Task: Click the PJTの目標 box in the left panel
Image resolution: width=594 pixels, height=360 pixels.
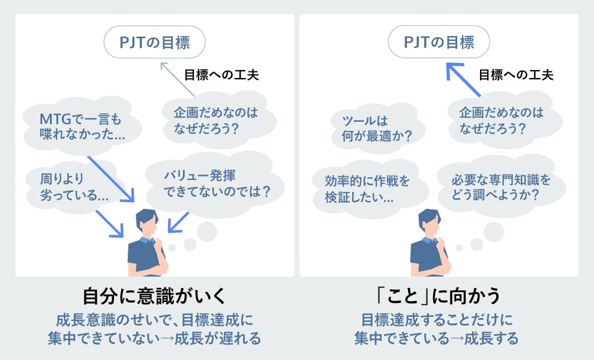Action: [155, 43]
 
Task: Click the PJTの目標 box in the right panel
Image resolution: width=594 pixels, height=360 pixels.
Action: [439, 43]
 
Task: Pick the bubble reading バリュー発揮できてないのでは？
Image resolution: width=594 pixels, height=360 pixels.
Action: [216, 183]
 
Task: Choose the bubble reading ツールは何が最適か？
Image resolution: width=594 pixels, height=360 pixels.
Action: [372, 128]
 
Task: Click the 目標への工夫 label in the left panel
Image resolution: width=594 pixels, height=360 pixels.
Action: [221, 75]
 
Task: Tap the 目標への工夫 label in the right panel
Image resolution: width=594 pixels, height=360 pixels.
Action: [515, 75]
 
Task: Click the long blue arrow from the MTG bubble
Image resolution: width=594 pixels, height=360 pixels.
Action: [112, 178]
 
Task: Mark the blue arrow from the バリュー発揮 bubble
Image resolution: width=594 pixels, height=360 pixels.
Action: [178, 223]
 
